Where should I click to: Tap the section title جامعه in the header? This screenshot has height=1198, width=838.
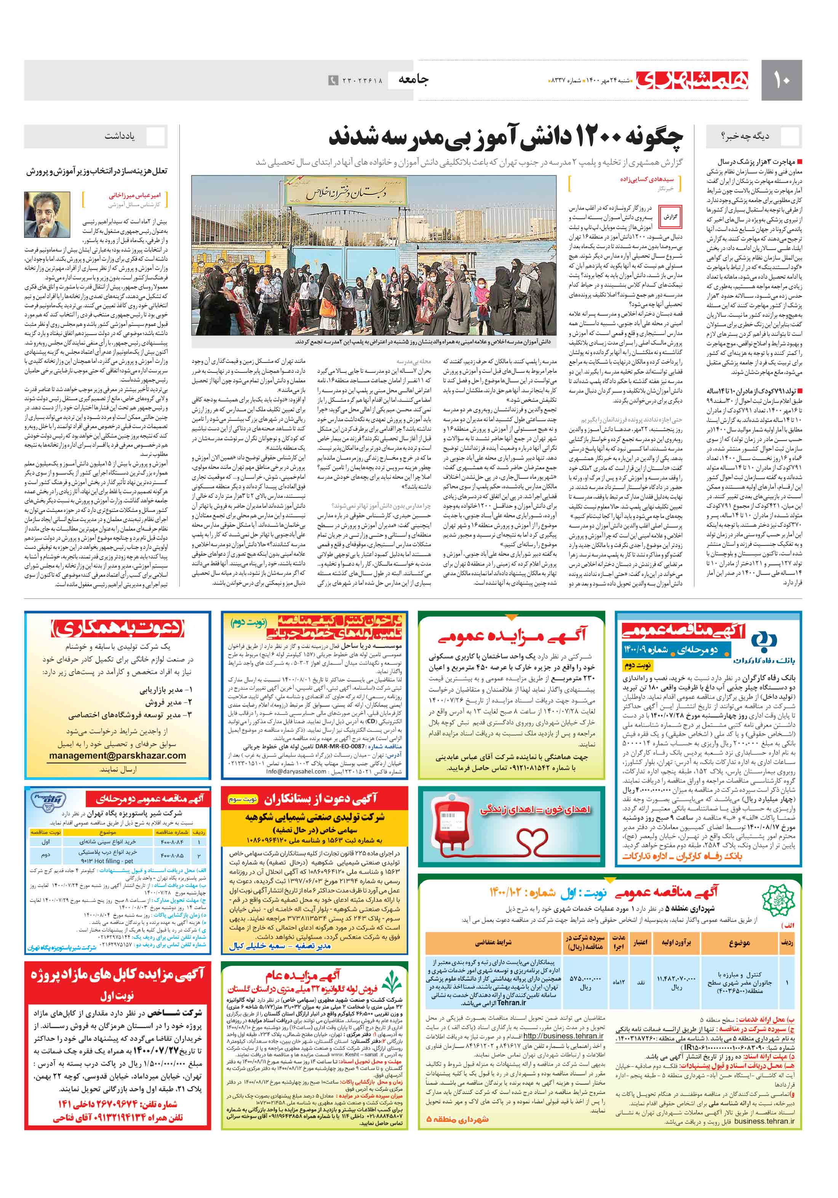(413, 79)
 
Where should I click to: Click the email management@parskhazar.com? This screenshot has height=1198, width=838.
(117, 755)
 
